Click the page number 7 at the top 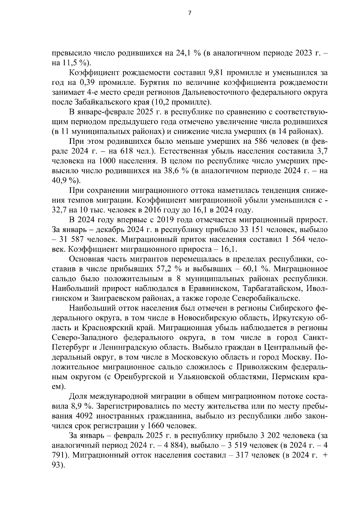pos(189,13)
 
